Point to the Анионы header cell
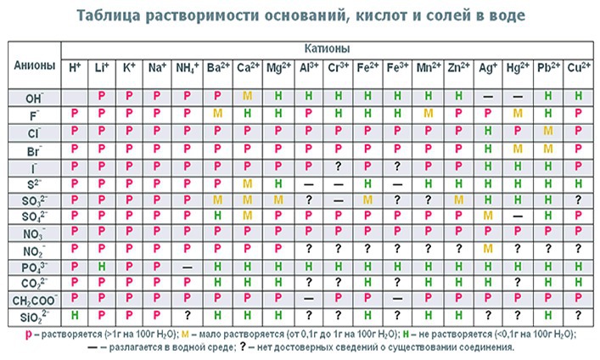pyautogui.click(x=35, y=66)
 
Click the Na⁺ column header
pyautogui.click(x=156, y=67)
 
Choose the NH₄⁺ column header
pyautogui.click(x=186, y=67)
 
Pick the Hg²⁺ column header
pyautogui.click(x=517, y=67)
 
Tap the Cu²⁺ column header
pyautogui.click(x=578, y=67)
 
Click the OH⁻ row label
pyautogui.click(x=35, y=96)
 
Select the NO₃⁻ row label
pyautogui.click(x=35, y=232)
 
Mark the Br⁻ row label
pyautogui.click(x=35, y=149)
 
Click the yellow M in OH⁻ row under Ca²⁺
pyautogui.click(x=248, y=96)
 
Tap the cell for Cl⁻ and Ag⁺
pyautogui.click(x=487, y=132)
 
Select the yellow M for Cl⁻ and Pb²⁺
pyautogui.click(x=548, y=132)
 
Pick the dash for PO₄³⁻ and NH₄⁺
pyautogui.click(x=187, y=266)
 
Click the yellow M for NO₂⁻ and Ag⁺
pyautogui.click(x=487, y=249)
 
